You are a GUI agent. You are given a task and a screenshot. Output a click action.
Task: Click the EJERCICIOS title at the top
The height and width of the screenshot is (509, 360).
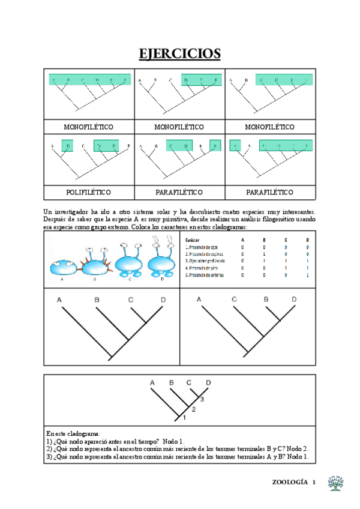click(180, 54)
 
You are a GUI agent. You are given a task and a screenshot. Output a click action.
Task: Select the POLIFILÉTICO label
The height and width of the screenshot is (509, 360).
click(89, 192)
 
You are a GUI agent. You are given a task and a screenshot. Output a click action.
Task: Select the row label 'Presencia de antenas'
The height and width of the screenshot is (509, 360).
click(205, 275)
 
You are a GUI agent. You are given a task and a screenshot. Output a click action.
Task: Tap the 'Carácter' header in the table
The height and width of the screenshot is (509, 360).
click(193, 239)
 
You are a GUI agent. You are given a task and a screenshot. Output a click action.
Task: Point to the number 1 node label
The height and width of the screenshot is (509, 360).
click(185, 417)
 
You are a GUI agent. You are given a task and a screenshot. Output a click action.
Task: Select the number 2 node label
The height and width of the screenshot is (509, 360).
click(193, 408)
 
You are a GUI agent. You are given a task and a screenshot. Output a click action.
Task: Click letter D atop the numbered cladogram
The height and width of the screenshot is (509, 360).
click(208, 382)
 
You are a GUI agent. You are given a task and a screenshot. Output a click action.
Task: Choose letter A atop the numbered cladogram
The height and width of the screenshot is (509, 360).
click(152, 382)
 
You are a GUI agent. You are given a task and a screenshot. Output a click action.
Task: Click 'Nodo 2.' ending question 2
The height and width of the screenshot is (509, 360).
click(298, 448)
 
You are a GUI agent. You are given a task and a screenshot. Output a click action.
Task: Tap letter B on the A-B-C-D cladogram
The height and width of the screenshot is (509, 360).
click(96, 300)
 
